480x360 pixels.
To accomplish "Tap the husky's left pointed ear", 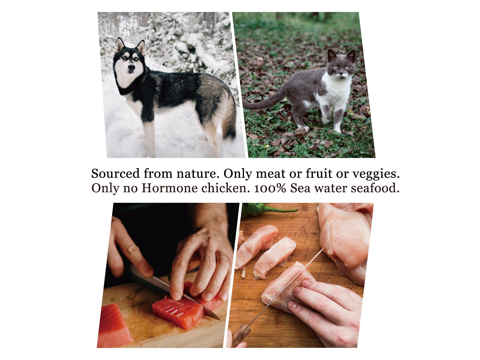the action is (x=119, y=44).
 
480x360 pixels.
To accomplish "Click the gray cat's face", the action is (x=341, y=65).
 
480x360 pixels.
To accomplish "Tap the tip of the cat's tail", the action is (x=244, y=104).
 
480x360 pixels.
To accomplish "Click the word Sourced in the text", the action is (x=115, y=173).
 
